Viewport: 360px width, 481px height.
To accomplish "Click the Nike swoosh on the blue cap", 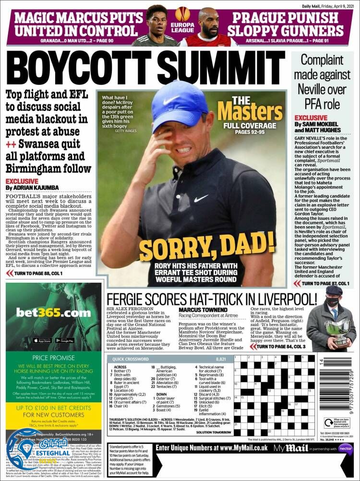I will point(171,100).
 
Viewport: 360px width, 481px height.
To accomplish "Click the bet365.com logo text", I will point(53,313).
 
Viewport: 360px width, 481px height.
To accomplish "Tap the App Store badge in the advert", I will point(43,340).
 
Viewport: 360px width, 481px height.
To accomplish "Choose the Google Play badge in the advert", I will point(65,340).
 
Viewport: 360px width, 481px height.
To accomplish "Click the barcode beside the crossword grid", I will point(349,390).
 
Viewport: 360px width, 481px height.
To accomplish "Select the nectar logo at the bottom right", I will point(345,448).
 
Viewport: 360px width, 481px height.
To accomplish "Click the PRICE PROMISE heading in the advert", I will point(53,358).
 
